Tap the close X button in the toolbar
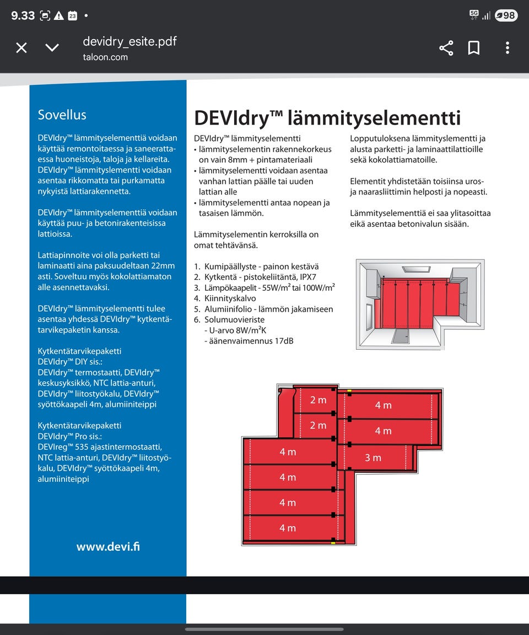click(21, 48)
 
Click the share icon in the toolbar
click(446, 48)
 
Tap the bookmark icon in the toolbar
click(474, 48)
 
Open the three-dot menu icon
click(507, 48)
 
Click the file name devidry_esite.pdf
click(129, 41)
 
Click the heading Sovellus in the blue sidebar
click(62, 115)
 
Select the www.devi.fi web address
click(108, 547)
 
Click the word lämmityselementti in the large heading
click(374, 118)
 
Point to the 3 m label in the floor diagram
click(373, 458)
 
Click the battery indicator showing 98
click(506, 15)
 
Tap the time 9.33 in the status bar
click(23, 15)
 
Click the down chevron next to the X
click(52, 48)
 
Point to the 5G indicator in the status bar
click(474, 13)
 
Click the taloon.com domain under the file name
click(105, 57)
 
